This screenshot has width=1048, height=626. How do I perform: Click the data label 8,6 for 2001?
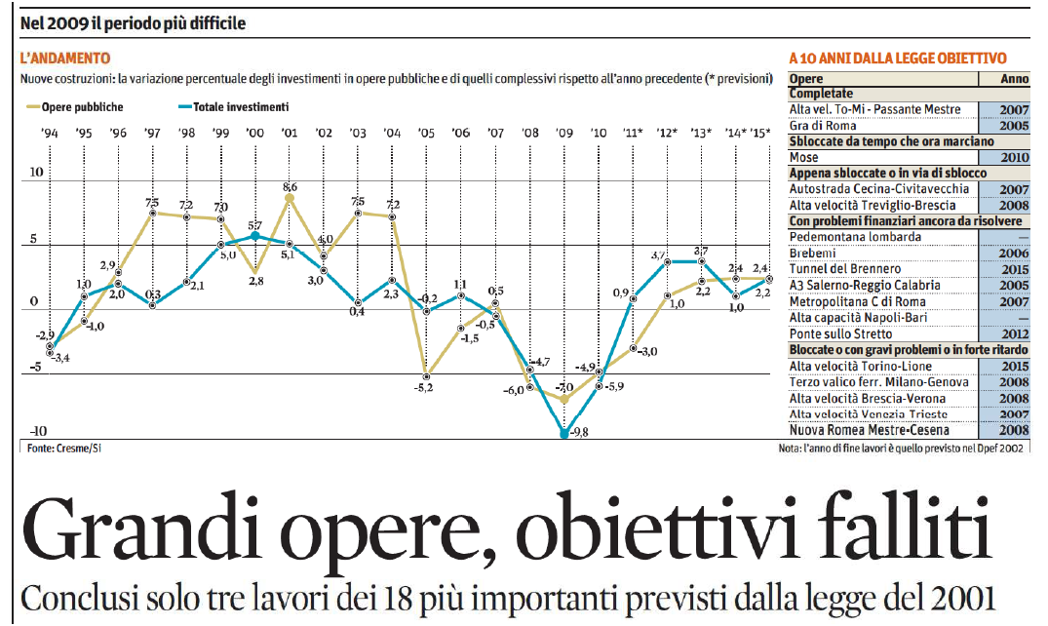point(290,186)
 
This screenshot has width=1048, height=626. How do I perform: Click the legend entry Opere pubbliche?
point(82,107)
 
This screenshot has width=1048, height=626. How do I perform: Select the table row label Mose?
point(804,157)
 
